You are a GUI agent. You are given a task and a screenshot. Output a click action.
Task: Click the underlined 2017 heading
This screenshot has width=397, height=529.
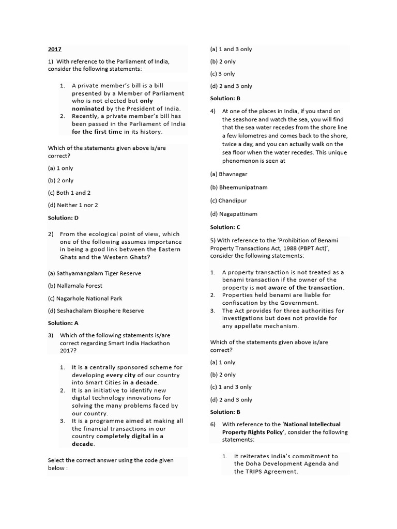tap(54, 50)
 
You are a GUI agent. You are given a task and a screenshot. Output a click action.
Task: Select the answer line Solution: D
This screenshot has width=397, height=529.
tap(63, 218)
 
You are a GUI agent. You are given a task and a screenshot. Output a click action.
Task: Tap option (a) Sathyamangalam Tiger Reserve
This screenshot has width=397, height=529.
tap(94, 273)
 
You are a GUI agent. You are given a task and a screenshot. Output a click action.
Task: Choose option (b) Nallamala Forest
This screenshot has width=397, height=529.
tap(75, 286)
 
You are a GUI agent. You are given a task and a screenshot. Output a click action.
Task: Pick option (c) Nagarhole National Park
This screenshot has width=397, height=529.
tap(85, 299)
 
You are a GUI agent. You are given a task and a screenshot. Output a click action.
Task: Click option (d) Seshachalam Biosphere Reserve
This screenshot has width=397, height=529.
tap(96, 311)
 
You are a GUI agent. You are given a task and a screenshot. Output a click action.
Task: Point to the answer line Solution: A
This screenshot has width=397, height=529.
tap(63, 323)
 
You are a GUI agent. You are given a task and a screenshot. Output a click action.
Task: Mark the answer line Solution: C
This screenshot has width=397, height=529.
tap(225, 227)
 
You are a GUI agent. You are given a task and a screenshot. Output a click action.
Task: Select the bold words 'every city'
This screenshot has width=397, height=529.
tap(122, 375)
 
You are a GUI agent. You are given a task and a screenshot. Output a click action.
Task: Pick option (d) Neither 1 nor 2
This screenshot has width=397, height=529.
tap(73, 205)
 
